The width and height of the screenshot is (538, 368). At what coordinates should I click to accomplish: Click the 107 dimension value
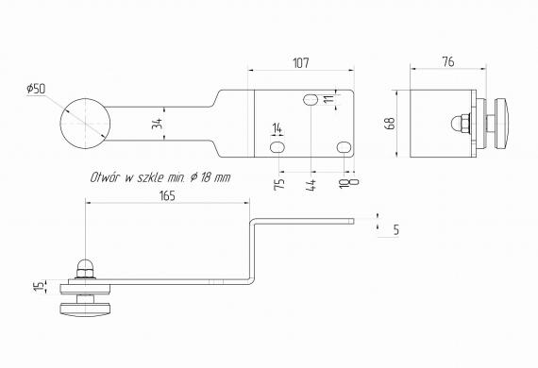tap(301, 63)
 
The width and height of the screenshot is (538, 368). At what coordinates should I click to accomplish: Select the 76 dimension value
tap(448, 62)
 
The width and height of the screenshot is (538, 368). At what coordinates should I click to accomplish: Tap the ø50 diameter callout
tap(36, 89)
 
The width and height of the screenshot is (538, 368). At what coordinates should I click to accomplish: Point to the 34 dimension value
tap(157, 124)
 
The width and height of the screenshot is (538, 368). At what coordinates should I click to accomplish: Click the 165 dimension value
tap(167, 196)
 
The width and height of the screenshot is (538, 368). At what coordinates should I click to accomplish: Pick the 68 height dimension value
tap(391, 124)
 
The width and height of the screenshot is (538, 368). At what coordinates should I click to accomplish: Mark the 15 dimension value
tap(40, 286)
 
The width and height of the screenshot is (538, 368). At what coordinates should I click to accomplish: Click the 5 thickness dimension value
tap(396, 229)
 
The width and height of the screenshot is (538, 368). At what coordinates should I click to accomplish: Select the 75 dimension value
tap(279, 184)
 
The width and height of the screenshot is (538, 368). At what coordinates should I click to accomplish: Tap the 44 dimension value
tap(311, 185)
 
